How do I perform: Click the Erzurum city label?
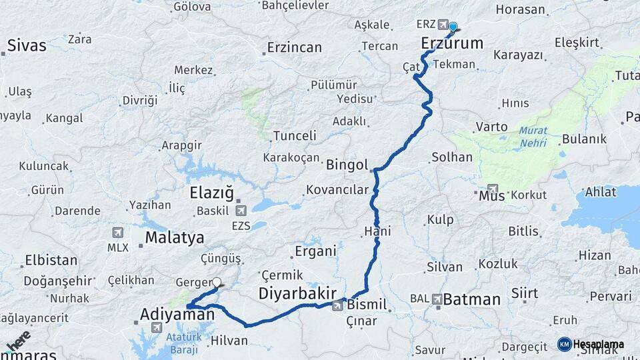click(452, 44)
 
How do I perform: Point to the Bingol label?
click(347, 164)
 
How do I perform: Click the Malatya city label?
click(175, 238)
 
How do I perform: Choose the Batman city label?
click(471, 299)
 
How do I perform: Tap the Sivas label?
click(27, 45)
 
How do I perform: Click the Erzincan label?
click(294, 47)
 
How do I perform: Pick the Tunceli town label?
click(294, 135)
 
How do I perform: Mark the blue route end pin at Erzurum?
click(453, 27)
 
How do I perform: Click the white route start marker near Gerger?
click(217, 283)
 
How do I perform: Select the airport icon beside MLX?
click(118, 233)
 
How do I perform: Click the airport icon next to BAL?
click(437, 299)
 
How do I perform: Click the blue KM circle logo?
click(564, 344)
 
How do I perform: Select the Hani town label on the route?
click(377, 231)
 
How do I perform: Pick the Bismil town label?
click(367, 305)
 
